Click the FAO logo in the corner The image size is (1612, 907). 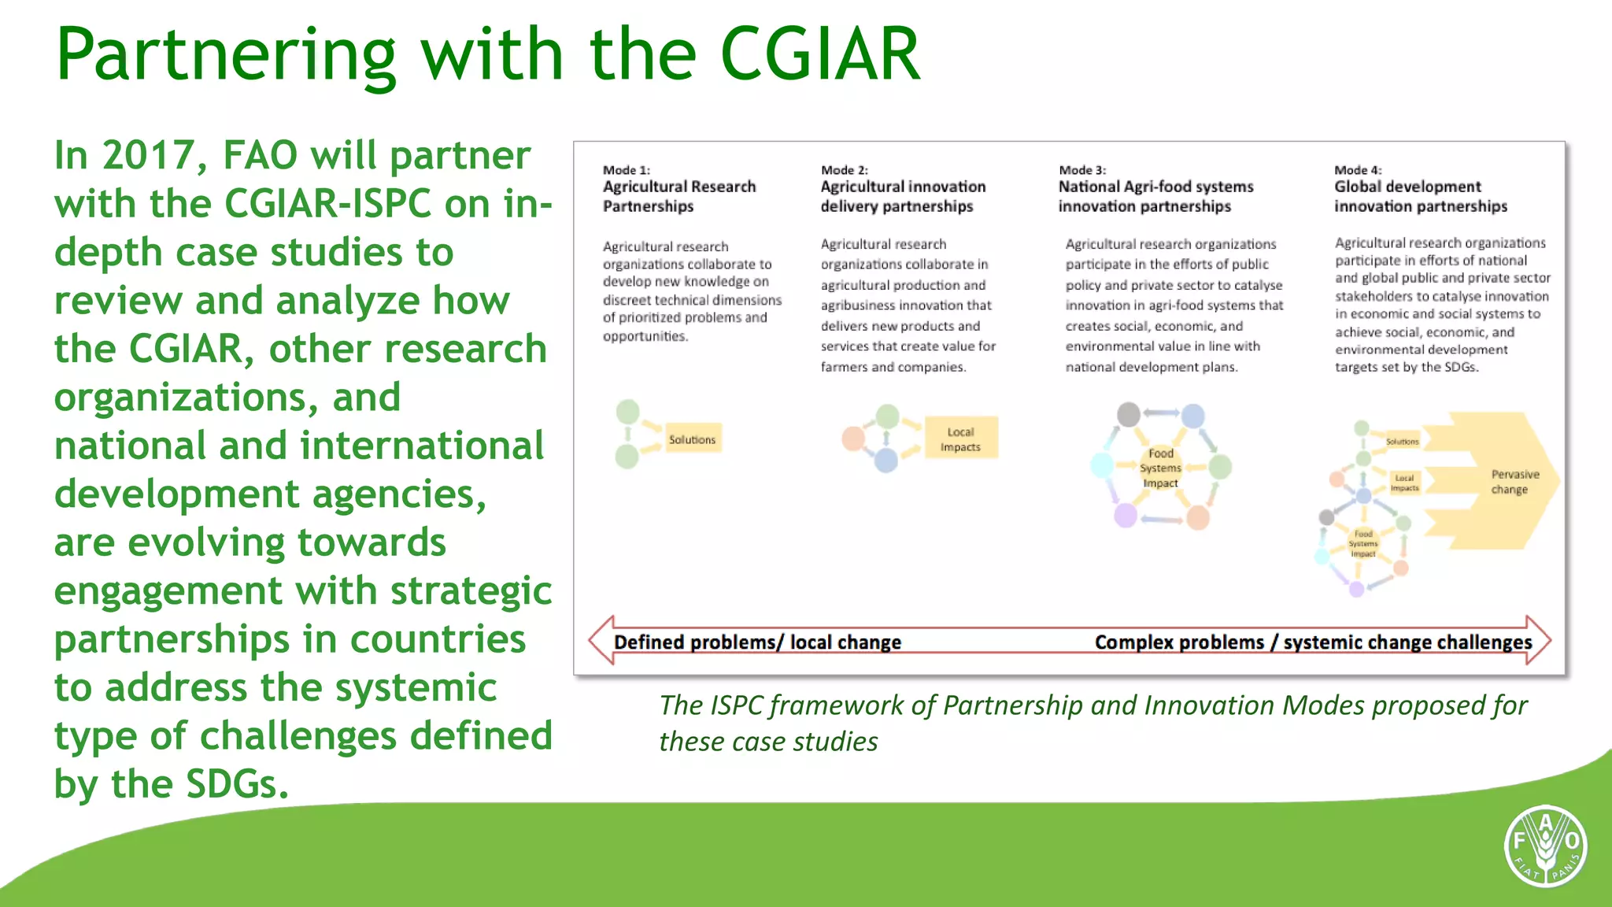1545,846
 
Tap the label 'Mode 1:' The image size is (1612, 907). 627,170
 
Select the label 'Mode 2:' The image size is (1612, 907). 844,170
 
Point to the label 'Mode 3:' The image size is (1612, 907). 1082,170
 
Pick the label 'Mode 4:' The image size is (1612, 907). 1358,170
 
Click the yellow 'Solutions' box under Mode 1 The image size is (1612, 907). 692,439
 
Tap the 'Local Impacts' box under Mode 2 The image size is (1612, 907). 960,439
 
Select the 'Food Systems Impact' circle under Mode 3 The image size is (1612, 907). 1160,468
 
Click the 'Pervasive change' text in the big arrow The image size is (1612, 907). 1514,482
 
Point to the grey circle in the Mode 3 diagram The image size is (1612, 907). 1129,414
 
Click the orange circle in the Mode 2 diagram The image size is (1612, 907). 853,439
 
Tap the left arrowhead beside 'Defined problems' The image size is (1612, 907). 601,640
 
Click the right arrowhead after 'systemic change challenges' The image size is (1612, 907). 1540,640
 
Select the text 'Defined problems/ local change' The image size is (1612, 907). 757,642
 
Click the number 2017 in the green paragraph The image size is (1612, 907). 148,155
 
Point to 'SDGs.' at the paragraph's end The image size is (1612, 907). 237,784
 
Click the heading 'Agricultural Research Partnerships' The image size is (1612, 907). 678,196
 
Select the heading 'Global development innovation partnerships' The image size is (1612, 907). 1420,196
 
